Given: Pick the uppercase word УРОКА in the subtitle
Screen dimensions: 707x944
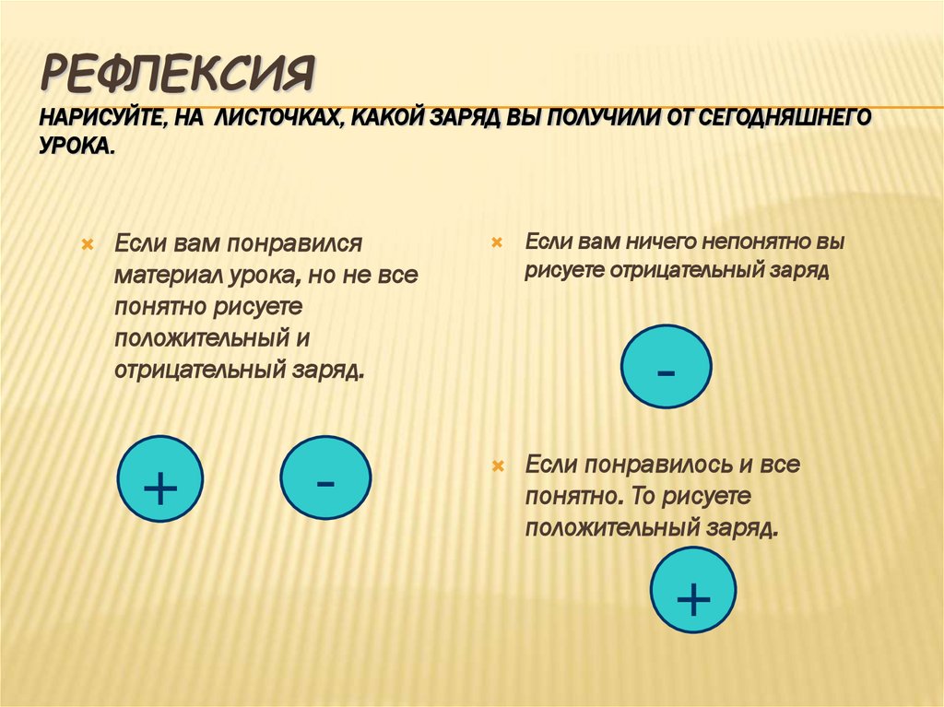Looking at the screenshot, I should tap(77, 147).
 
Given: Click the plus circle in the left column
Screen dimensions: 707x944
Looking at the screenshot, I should tap(160, 478).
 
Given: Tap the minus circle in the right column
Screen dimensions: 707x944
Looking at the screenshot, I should tap(666, 367).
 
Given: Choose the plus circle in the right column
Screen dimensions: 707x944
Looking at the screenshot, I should tap(693, 590).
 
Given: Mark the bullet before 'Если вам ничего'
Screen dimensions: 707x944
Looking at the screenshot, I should tap(496, 242).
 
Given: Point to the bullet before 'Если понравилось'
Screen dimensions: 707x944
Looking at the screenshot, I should tap(496, 465).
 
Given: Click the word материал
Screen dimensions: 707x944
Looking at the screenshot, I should tap(167, 276).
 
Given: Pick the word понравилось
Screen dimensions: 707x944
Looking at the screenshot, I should tap(643, 465).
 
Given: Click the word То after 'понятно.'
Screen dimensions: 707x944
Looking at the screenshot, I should tap(646, 497).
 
